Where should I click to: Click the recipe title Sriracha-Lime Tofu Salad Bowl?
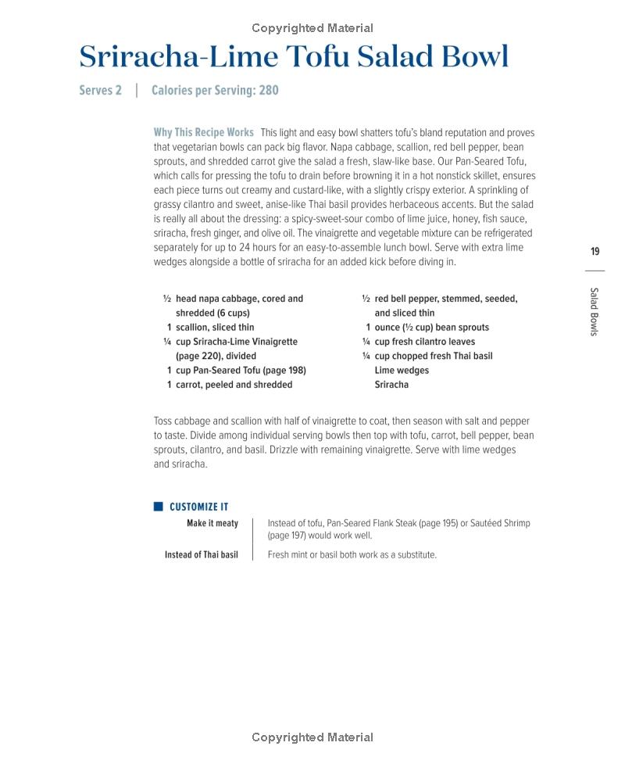coord(294,57)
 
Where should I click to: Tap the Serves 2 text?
coord(100,91)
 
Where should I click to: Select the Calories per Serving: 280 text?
coord(215,91)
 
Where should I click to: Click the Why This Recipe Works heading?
coord(203,133)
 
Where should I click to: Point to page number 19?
coord(595,252)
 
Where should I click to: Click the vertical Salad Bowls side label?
coord(595,311)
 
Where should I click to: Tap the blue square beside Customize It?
coord(159,507)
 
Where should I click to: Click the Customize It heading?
coord(198,507)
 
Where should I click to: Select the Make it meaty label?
coord(212,523)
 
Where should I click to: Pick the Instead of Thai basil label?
coord(201,555)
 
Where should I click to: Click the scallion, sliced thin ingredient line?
coord(214,328)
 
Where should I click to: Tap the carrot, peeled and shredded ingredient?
coord(234,385)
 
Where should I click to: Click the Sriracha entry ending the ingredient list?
coord(391,385)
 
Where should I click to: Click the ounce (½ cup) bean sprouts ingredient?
coord(431,328)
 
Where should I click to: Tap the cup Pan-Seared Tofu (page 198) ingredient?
coord(241,371)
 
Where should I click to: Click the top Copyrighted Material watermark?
coord(312,28)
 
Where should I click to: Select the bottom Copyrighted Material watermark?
coord(312,737)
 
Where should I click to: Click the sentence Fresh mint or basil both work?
coord(352,555)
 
